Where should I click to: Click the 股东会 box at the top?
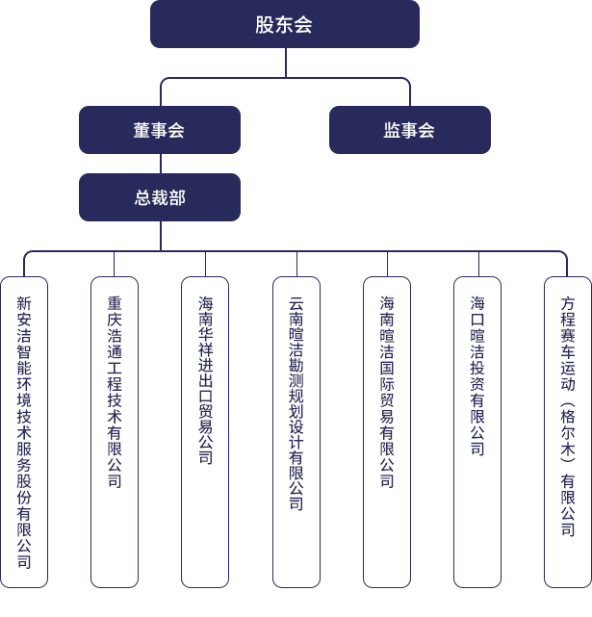pos(284,25)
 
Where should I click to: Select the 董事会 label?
pos(159,131)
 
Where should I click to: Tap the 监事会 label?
pos(409,131)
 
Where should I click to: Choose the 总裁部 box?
pos(160,198)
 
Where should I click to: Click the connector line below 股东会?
pos(286,63)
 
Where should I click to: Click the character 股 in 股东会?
pos(265,25)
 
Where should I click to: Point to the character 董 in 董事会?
pos(142,131)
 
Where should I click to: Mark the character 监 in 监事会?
pos(392,131)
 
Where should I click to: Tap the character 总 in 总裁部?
pos(142,198)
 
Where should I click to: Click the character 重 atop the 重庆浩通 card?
pos(115,303)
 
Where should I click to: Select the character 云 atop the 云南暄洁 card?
pos(296,303)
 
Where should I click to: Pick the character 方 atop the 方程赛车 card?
pos(568,303)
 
